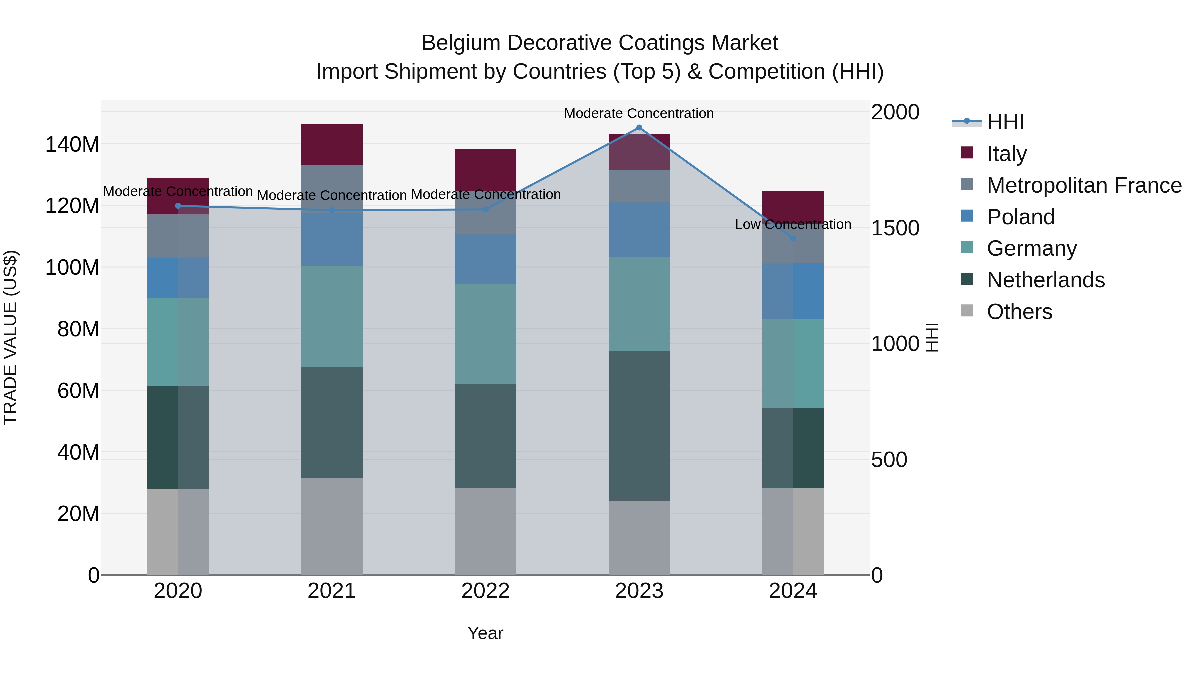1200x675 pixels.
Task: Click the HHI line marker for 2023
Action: (639, 128)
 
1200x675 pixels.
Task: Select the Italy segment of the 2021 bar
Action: (332, 144)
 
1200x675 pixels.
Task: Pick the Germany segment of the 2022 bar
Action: (485, 334)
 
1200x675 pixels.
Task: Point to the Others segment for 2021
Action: (332, 526)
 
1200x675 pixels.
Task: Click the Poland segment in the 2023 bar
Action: (639, 230)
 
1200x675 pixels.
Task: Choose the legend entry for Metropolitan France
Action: (1084, 185)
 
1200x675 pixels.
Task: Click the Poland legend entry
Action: (1020, 217)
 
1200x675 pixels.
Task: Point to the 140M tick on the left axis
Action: (72, 144)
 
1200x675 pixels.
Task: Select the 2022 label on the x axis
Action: (485, 591)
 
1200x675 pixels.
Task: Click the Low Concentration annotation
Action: (793, 225)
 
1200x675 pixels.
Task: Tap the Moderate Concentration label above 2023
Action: (639, 113)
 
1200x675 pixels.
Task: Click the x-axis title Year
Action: (485, 633)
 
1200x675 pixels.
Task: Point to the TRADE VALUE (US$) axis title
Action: (10, 337)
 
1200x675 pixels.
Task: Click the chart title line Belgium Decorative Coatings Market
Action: (600, 43)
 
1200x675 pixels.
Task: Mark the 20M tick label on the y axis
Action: (78, 514)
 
